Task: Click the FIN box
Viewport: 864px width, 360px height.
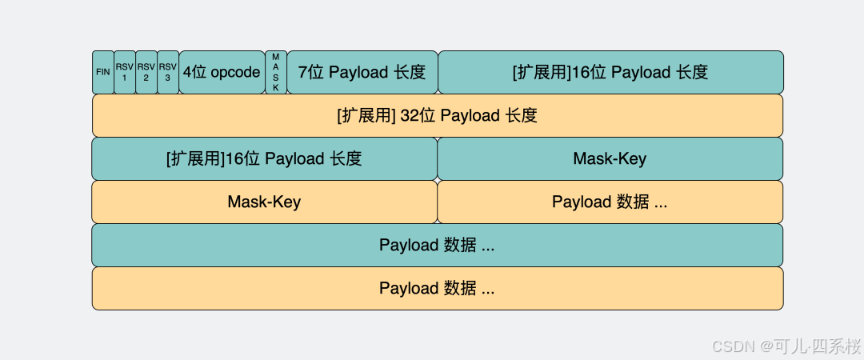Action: [x=103, y=72]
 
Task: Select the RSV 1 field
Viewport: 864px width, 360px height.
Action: [x=125, y=72]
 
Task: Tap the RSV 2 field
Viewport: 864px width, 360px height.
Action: [x=146, y=72]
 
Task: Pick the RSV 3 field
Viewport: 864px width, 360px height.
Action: [x=168, y=72]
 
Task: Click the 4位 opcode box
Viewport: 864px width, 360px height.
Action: [x=222, y=72]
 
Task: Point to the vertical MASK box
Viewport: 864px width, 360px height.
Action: [x=276, y=72]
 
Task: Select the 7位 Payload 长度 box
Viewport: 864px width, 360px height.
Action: [x=362, y=72]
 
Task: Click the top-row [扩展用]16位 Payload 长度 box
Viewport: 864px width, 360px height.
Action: [x=610, y=72]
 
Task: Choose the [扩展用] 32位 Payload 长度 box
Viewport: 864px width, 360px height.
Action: [x=437, y=115]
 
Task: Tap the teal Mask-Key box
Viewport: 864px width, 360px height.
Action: [x=610, y=158]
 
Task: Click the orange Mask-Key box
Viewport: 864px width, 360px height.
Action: [x=264, y=202]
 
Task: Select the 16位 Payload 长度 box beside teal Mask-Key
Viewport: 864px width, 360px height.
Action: [x=264, y=158]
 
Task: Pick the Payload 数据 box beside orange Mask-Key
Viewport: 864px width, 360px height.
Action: [x=610, y=202]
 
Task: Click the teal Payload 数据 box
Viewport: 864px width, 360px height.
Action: [x=437, y=245]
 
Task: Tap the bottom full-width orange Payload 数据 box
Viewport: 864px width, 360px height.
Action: [x=437, y=288]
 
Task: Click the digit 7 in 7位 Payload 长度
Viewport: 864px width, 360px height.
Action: [x=302, y=72]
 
